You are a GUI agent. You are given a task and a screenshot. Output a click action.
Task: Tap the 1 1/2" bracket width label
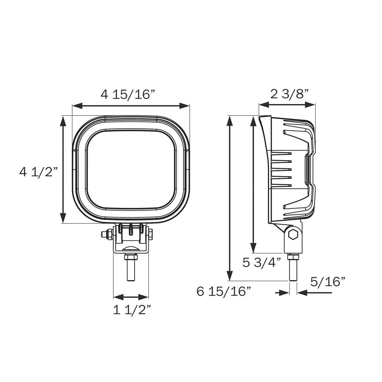[132, 310]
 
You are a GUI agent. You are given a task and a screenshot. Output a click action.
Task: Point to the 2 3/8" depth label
[290, 94]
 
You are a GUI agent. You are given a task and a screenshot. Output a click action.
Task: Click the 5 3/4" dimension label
[262, 263]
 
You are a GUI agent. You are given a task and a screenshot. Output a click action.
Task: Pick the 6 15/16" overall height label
[224, 291]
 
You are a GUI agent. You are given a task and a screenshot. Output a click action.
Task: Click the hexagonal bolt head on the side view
[292, 235]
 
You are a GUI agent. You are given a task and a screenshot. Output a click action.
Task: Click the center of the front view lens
[131, 169]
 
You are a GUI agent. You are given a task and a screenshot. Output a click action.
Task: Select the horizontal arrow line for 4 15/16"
[131, 106]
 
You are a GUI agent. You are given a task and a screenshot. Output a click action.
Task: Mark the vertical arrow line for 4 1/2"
[63, 169]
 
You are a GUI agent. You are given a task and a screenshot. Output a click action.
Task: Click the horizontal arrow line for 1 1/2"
[131, 297]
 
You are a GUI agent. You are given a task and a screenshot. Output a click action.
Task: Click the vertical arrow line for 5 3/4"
[253, 184]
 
